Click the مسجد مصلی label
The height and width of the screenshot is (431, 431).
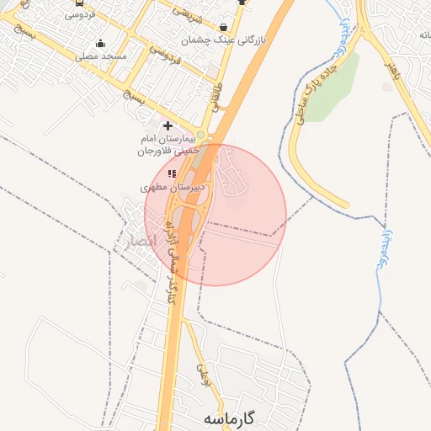[x=101, y=56]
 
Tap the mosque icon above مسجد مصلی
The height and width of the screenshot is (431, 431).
[x=101, y=44]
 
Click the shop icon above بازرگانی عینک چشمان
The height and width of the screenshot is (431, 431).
[x=223, y=27]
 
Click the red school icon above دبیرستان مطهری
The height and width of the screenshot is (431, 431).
[x=172, y=173]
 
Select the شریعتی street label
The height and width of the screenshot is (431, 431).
[x=187, y=13]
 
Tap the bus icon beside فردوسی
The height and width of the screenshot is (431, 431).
[x=79, y=3]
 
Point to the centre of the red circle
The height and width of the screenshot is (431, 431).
[x=215, y=215]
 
